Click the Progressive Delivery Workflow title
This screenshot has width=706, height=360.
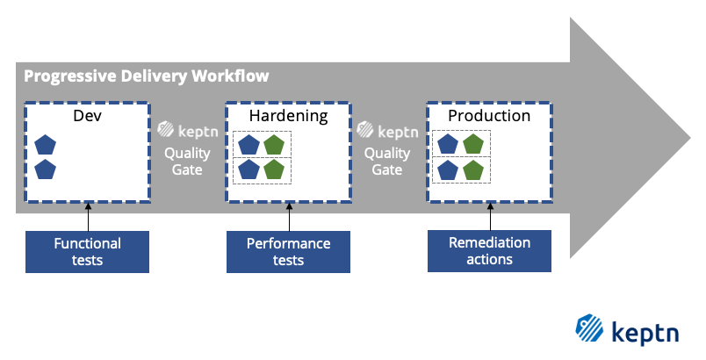(x=147, y=76)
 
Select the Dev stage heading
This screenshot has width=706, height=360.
(x=86, y=116)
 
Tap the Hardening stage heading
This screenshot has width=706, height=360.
(x=288, y=116)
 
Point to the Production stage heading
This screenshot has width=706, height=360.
(x=489, y=116)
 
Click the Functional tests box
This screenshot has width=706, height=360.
(x=87, y=251)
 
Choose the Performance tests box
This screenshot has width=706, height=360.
(x=288, y=251)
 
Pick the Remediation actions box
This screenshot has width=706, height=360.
(x=489, y=251)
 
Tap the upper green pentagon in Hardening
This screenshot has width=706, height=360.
(x=274, y=145)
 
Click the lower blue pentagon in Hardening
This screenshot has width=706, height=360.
(x=249, y=169)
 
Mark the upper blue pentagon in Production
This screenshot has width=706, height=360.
(x=449, y=145)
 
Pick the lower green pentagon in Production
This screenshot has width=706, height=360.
(x=474, y=169)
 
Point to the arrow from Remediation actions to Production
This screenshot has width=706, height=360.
(x=489, y=216)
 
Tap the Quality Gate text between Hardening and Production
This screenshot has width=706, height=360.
(x=387, y=161)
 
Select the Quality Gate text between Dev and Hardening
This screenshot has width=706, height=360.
(x=187, y=161)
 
